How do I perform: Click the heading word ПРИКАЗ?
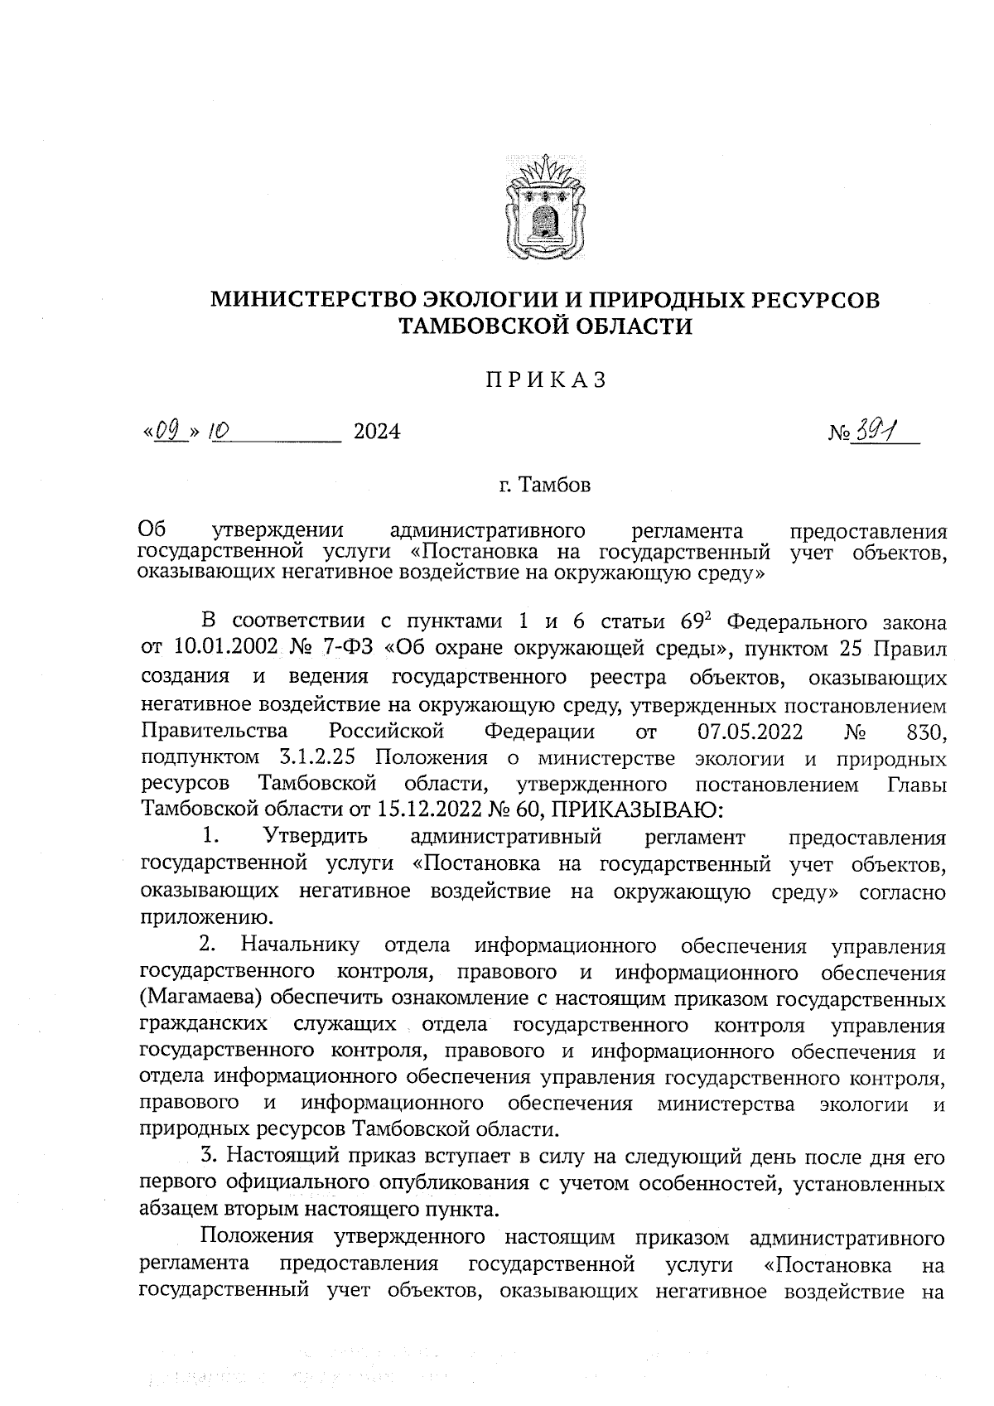point(546,380)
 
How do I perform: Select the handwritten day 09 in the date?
point(168,431)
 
